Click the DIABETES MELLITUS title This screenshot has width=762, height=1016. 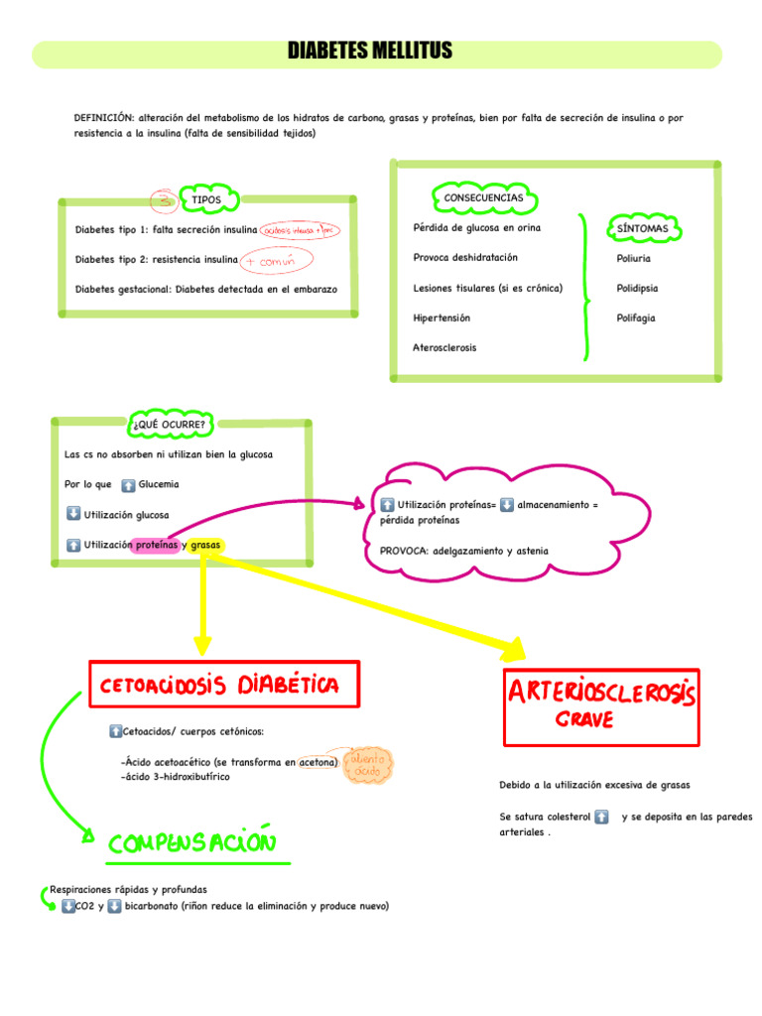(369, 51)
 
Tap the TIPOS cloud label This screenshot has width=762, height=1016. (206, 200)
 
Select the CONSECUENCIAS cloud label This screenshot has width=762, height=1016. (483, 198)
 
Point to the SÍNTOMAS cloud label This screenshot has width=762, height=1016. (642, 228)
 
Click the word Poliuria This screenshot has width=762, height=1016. (633, 258)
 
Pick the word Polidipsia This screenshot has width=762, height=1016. (637, 289)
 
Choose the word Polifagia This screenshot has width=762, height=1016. (635, 318)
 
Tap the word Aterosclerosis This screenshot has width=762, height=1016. (444, 348)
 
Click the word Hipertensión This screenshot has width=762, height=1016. (442, 318)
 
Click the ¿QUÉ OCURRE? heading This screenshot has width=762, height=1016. (169, 426)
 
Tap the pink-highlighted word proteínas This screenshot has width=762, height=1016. (156, 545)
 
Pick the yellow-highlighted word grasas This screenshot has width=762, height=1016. (205, 545)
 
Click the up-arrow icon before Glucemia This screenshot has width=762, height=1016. (128, 485)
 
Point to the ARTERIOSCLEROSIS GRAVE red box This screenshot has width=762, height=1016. (601, 704)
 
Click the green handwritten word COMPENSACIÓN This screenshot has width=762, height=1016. (190, 844)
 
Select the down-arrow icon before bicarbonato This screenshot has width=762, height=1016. (114, 906)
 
